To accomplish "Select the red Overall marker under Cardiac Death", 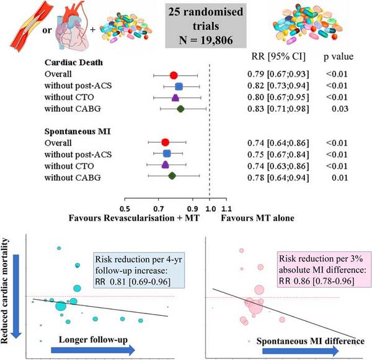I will click(174, 76).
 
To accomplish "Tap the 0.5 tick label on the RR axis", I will click(125, 208).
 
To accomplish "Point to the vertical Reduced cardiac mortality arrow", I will click(17, 286).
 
